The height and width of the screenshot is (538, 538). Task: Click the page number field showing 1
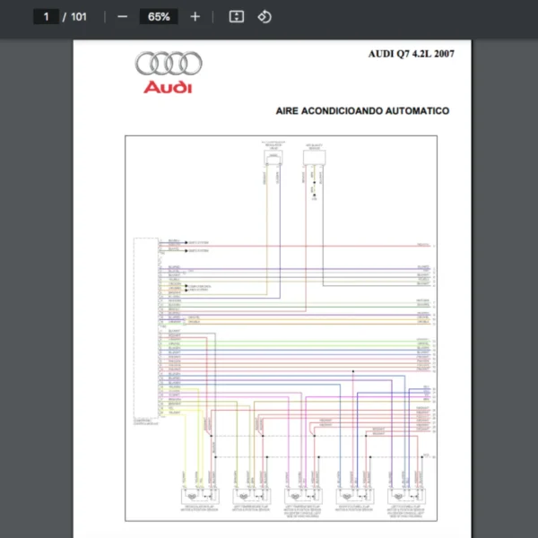[x=45, y=17]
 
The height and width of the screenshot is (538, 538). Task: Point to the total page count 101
[x=79, y=17]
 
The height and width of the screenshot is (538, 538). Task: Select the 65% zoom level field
[x=159, y=17]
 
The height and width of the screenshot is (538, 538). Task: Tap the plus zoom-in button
[x=195, y=17]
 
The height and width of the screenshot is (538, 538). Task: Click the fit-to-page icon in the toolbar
[x=236, y=17]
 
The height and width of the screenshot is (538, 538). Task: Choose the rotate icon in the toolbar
[x=265, y=17]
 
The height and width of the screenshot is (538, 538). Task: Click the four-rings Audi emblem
[x=169, y=64]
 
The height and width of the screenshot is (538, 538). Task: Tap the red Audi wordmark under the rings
[x=168, y=87]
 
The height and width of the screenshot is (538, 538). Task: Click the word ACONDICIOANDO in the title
[x=348, y=112]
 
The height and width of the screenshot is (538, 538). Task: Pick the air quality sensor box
[x=315, y=159]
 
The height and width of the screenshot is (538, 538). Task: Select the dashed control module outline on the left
[x=144, y=327]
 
